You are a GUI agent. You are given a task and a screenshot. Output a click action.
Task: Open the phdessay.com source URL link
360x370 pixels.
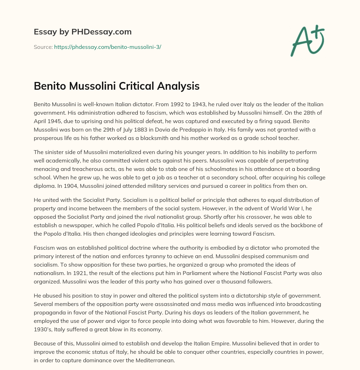pyautogui.click(x=108, y=47)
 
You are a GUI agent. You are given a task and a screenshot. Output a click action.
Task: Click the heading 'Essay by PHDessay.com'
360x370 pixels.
pyautogui.click(x=83, y=32)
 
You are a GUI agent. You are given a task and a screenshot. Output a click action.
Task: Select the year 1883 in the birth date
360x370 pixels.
pyautogui.click(x=113, y=121)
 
